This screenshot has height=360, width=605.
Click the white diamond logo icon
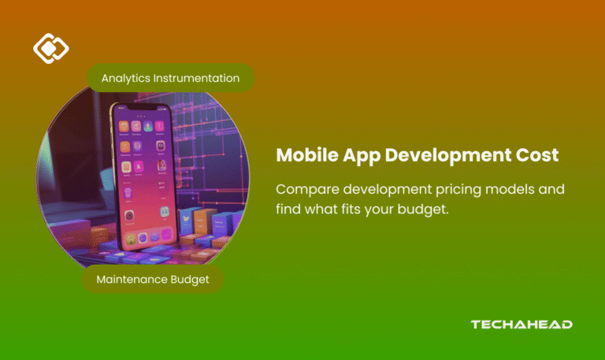pos(50,49)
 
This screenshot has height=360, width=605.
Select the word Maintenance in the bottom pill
pos(132,279)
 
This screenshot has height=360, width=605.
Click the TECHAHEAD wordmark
pos(521,324)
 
